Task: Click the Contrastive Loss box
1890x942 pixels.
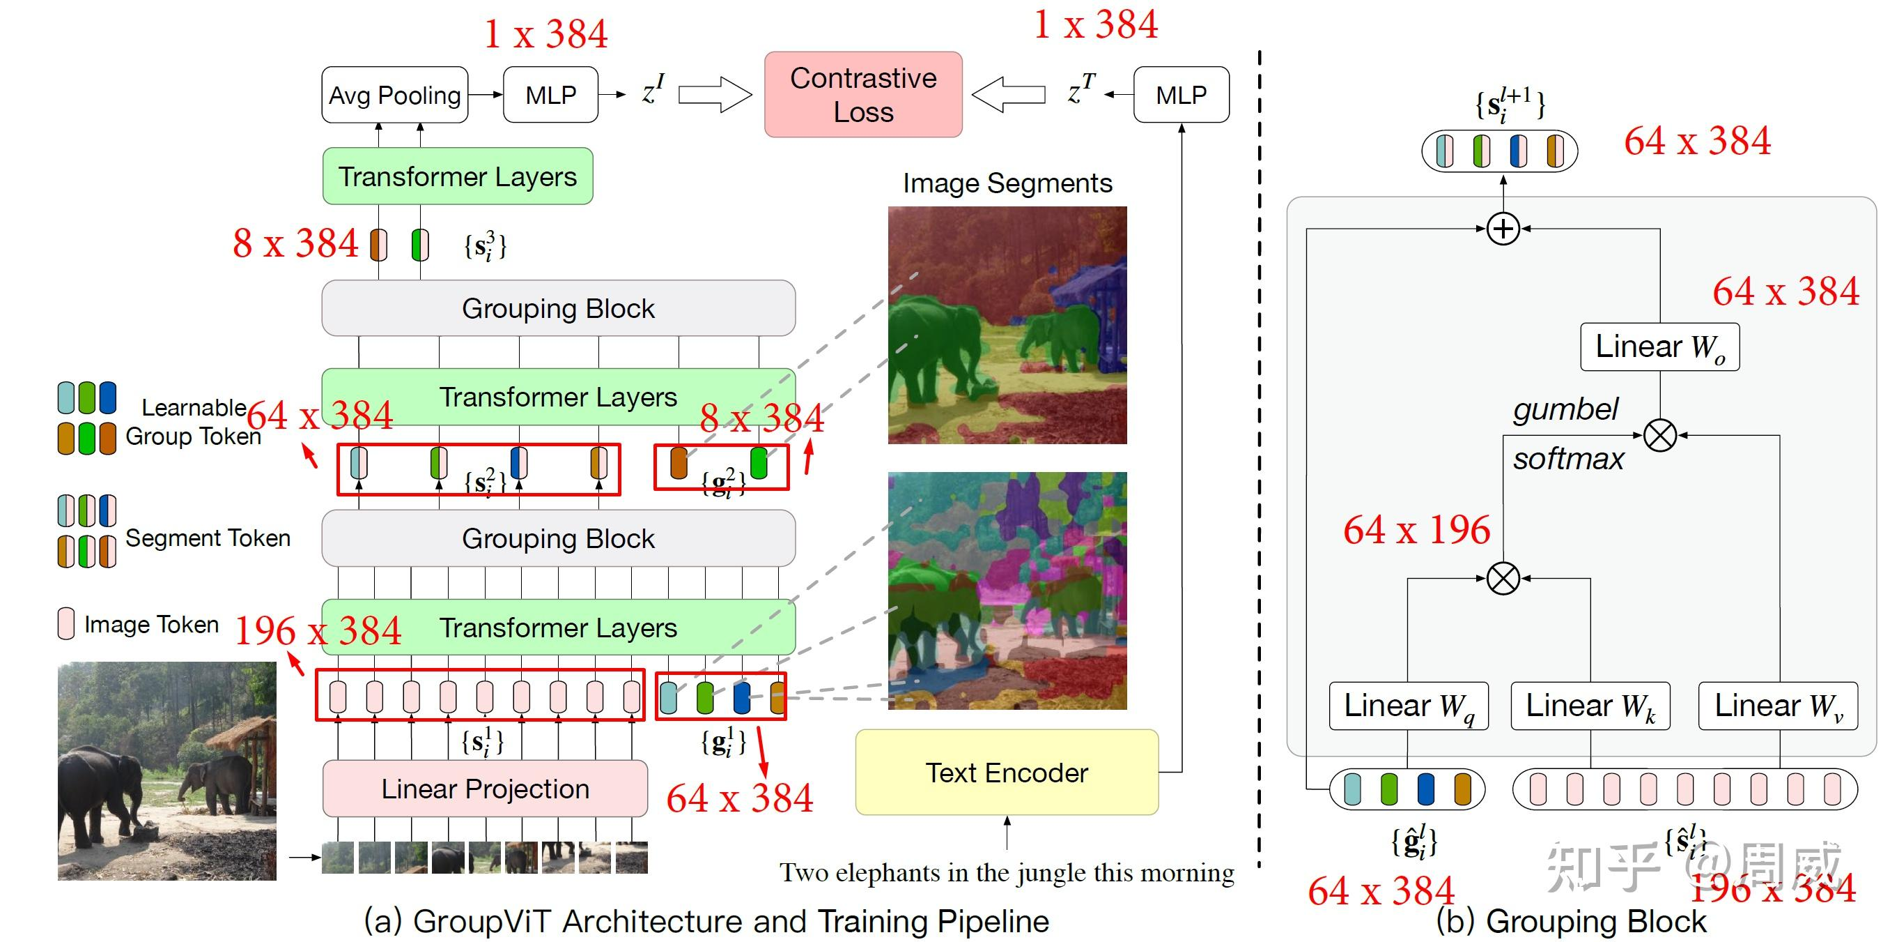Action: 863,95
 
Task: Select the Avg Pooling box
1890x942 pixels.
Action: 395,95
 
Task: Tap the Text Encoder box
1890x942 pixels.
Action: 1007,773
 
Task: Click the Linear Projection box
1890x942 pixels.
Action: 485,789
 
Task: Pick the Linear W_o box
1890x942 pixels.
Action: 1659,347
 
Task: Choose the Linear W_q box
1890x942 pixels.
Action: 1409,706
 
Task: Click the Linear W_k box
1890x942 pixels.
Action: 1590,706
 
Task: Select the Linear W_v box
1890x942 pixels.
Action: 1778,706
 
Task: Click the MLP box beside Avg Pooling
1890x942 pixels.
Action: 550,95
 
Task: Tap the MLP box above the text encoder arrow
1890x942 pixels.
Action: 1182,95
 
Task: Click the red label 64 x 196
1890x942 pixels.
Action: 1416,530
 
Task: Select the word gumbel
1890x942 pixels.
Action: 1565,409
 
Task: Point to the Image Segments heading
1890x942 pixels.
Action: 1007,183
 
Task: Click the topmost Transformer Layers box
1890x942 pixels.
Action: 457,176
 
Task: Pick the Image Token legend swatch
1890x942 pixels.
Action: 66,623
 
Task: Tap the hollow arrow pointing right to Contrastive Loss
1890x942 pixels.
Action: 715,95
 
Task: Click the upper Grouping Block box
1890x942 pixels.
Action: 558,308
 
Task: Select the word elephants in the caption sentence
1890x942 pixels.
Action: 888,873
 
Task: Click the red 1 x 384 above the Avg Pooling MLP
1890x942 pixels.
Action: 546,33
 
